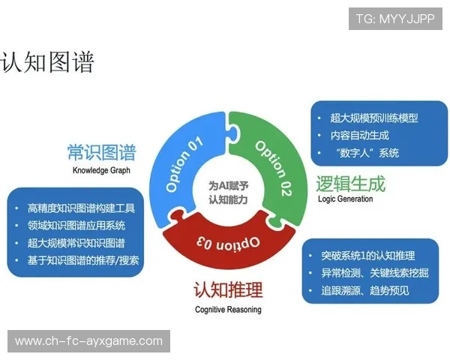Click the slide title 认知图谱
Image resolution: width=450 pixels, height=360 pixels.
[48, 62]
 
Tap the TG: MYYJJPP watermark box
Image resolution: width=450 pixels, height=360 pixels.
[395, 19]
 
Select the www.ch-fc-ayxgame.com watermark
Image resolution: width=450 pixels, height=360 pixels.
[89, 341]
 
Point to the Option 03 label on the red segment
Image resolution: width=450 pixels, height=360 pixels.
[229, 242]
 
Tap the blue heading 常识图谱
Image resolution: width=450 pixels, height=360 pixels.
[101, 153]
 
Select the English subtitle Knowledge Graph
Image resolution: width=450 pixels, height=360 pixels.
[101, 170]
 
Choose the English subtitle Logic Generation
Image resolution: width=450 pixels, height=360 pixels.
[345, 199]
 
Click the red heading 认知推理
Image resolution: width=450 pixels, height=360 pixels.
[228, 289]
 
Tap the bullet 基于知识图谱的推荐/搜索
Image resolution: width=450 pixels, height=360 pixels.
[83, 261]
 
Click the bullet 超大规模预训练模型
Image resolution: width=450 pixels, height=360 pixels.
[373, 118]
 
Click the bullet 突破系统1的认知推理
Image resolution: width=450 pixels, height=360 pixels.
[373, 256]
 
